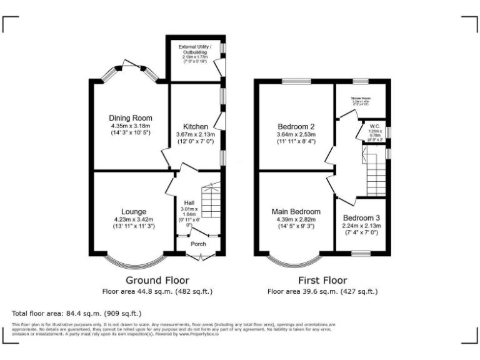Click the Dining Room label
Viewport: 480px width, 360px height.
coord(131,117)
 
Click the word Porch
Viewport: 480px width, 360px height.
coord(198,244)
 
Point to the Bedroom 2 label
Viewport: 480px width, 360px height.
coord(297,126)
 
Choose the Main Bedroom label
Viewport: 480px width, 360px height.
coord(297,211)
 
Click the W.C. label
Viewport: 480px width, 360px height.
coord(375,125)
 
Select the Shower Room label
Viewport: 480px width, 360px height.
coord(361,98)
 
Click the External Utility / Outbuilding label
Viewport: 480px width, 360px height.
coord(195,49)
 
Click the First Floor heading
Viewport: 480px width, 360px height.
coord(322,280)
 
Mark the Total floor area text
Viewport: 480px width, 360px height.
coord(77,312)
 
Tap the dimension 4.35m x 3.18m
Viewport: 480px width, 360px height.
coord(131,126)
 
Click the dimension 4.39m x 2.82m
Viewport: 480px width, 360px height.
coord(297,219)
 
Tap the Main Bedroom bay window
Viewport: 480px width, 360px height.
coord(295,259)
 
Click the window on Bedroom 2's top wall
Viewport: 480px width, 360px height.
coord(296,81)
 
